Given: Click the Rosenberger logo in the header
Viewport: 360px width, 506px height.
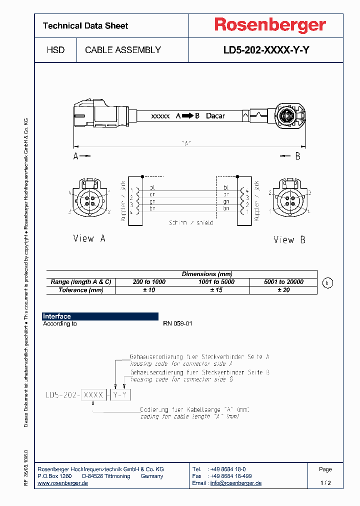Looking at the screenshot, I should [270, 25].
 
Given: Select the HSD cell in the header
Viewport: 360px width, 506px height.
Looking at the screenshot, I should [55, 50].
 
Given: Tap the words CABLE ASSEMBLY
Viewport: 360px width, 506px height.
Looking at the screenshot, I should [123, 50].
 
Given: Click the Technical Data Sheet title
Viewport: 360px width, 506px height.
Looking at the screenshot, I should [85, 25].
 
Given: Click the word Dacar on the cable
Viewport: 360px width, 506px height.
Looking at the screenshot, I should [215, 116].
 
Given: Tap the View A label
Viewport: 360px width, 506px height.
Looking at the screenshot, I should [89, 238].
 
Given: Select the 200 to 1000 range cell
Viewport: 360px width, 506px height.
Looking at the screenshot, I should [149, 282].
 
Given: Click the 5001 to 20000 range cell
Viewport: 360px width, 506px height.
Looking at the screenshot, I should [283, 282].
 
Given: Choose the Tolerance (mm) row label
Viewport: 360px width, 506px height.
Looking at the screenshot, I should [80, 290].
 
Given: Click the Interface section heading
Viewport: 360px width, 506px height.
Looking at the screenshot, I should [57, 316].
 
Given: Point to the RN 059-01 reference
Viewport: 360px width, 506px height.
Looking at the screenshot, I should [177, 323].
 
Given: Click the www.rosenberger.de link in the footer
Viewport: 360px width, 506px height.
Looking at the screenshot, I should [63, 483].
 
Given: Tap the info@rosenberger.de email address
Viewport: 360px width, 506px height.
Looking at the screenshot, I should [235, 483].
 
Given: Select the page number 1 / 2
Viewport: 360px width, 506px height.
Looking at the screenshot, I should [325, 483].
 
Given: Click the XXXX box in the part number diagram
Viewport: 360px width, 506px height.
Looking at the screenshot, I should [93, 395].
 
